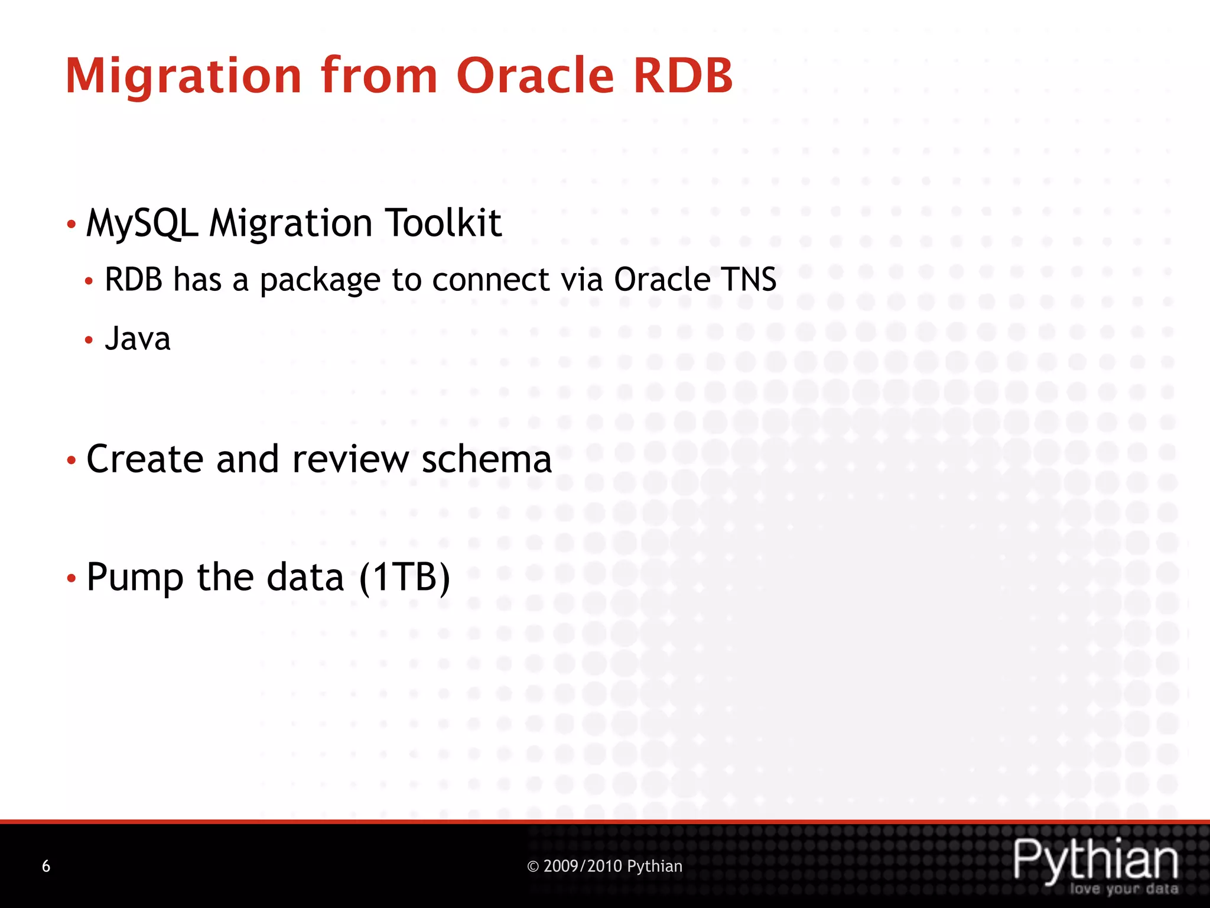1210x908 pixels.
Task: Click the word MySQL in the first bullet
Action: pos(142,223)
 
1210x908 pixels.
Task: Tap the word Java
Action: pos(138,339)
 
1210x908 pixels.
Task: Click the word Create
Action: pos(145,459)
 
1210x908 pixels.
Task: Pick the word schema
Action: pos(486,459)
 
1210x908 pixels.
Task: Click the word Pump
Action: pos(135,578)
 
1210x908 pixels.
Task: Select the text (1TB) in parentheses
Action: pos(405,577)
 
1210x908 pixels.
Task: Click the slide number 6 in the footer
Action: pos(46,867)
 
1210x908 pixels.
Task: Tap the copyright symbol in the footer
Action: pos(533,867)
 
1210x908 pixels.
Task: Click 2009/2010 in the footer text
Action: pos(583,866)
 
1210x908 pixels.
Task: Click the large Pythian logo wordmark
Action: pos(1095,860)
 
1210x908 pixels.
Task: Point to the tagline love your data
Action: pos(1124,889)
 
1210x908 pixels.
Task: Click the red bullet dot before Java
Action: pos(89,340)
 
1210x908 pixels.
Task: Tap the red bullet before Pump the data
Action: pos(71,578)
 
